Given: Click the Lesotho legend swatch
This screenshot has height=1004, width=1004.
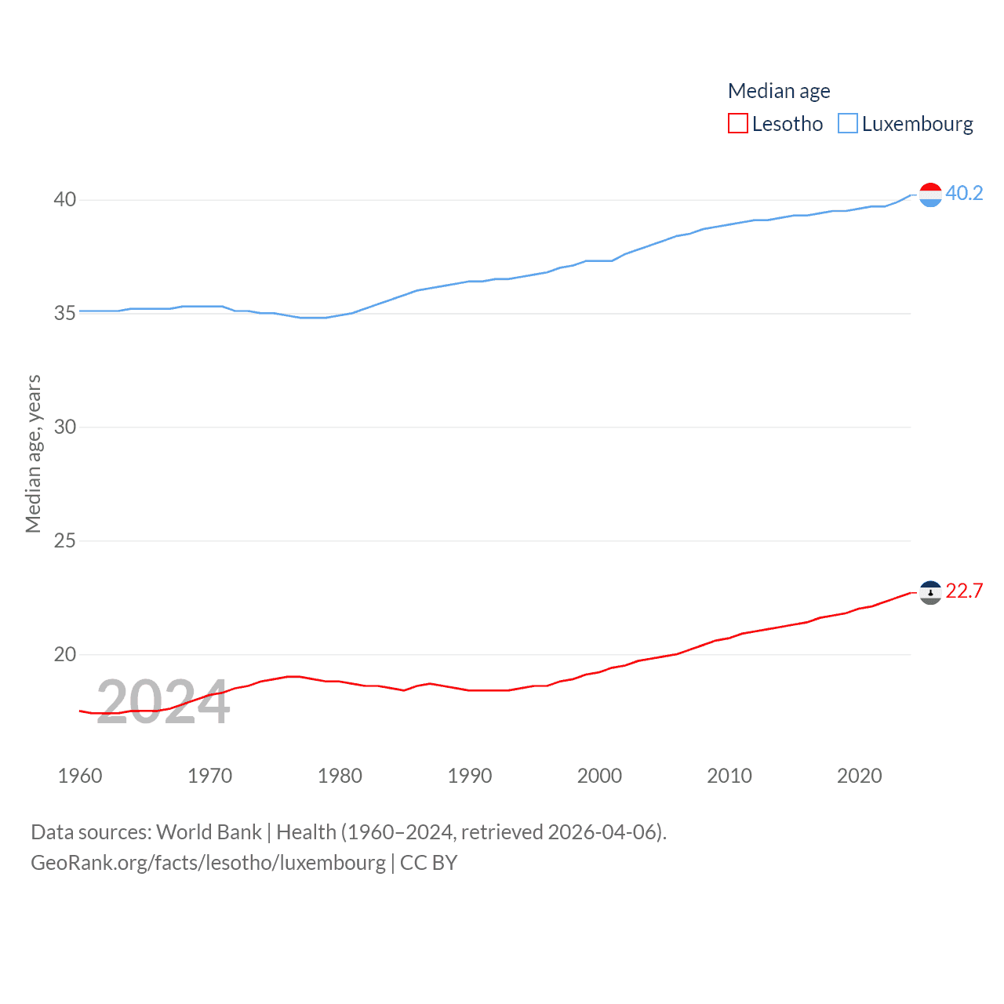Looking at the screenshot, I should point(738,123).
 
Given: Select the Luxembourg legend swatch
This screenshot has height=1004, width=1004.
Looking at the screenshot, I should point(848,123).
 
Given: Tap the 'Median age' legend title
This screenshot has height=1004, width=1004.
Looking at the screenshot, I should point(779,91).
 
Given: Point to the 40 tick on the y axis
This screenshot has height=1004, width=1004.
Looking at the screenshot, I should point(65,199).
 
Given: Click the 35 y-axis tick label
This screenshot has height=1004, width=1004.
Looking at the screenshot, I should point(65,313).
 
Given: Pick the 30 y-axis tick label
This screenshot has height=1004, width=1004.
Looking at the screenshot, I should point(65,427).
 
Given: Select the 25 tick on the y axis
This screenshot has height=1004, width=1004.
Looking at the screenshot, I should point(65,540).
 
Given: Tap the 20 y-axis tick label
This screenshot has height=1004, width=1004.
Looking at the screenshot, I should point(65,654).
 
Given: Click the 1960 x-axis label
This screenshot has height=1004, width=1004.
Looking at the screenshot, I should point(80,776).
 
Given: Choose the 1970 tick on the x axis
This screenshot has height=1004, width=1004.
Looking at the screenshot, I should point(209,776).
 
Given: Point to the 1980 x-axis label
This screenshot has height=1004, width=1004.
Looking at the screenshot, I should point(340,776).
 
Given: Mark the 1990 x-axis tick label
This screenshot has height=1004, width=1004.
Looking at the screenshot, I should point(470,776).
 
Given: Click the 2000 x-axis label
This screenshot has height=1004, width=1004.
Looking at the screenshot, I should point(599,776).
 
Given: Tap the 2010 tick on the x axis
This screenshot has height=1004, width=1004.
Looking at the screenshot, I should point(729,776).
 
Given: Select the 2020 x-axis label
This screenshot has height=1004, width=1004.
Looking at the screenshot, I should point(860,776).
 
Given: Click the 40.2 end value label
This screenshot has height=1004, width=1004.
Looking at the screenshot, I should point(964,193).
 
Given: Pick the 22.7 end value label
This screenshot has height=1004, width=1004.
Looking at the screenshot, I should point(964,591).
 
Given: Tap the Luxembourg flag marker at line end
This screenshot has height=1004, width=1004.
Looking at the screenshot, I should point(930,195).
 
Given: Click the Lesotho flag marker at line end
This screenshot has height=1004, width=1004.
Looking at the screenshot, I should point(930,592).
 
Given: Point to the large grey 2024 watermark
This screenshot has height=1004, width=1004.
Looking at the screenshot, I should point(163,701).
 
